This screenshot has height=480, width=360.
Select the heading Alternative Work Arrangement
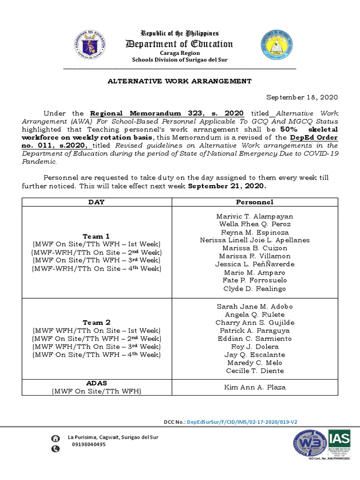[180, 81]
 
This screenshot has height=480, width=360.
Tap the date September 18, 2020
[302, 97]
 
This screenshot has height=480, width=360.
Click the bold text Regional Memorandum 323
[167, 113]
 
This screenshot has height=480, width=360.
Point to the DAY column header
[97, 202]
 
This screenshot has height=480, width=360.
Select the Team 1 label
[96, 236]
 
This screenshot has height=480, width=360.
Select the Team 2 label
[96, 322]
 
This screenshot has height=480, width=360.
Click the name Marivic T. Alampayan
[255, 217]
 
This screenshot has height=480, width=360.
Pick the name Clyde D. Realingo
[255, 289]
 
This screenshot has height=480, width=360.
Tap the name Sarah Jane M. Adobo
[255, 307]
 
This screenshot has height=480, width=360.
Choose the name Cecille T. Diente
[255, 371]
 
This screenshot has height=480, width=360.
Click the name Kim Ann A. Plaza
[255, 387]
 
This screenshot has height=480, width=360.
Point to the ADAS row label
[96, 383]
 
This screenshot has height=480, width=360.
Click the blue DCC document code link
[242, 422]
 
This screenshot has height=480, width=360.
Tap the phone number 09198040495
[89, 444]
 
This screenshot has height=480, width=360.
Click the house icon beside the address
[56, 438]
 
